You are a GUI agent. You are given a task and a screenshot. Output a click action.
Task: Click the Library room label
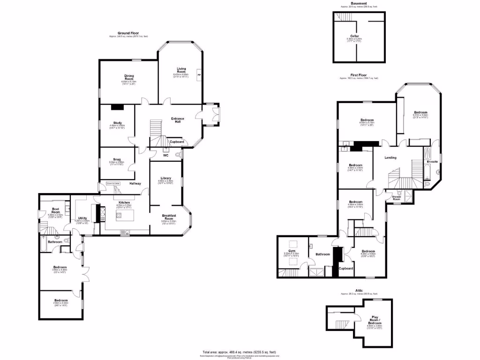pos(165,178)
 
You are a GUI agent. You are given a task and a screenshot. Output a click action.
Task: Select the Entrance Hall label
pos(178,120)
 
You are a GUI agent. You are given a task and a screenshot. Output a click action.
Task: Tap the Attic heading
pos(359,291)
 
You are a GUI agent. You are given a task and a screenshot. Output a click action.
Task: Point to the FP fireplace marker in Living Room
pos(199,75)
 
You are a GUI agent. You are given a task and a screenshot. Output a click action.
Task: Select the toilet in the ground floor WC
pos(178,154)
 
